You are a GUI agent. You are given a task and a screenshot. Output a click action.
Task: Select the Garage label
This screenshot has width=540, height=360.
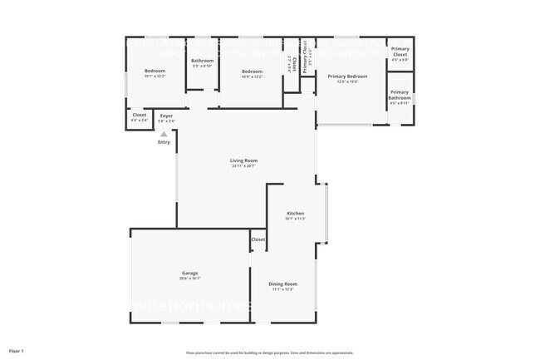coord(190,273)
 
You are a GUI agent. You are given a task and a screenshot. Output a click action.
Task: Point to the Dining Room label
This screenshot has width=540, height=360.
coord(284,284)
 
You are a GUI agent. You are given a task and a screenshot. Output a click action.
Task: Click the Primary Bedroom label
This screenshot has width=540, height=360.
coord(353,76)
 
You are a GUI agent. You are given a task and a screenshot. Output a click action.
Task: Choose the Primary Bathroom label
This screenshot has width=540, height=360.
coord(400,95)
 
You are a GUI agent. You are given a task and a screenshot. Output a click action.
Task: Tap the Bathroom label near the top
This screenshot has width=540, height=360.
coord(203,61)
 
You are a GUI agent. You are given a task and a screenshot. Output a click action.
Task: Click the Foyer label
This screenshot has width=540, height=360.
coord(166,116)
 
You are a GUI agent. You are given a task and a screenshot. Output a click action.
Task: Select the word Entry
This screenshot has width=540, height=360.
coord(164,142)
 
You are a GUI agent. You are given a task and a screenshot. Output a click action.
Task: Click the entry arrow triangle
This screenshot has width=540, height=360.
coord(164,133)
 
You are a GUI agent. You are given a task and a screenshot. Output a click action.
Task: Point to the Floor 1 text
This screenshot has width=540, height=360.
coord(17,350)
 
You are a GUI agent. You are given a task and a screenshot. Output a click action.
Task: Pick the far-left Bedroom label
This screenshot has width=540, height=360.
coord(155,72)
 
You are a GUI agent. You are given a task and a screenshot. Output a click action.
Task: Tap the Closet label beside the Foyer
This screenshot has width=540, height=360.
coord(140,116)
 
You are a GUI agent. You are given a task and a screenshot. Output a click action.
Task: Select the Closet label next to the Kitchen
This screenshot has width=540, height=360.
coord(258,239)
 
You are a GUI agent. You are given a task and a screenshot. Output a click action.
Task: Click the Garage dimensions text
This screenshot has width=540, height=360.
coord(190,279)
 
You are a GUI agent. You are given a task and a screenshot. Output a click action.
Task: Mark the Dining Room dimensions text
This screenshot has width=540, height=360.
coord(284,289)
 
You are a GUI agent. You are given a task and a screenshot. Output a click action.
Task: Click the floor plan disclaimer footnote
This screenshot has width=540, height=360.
coord(270,352)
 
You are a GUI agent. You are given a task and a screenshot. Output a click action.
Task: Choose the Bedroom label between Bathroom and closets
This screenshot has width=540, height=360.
coord(252,72)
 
